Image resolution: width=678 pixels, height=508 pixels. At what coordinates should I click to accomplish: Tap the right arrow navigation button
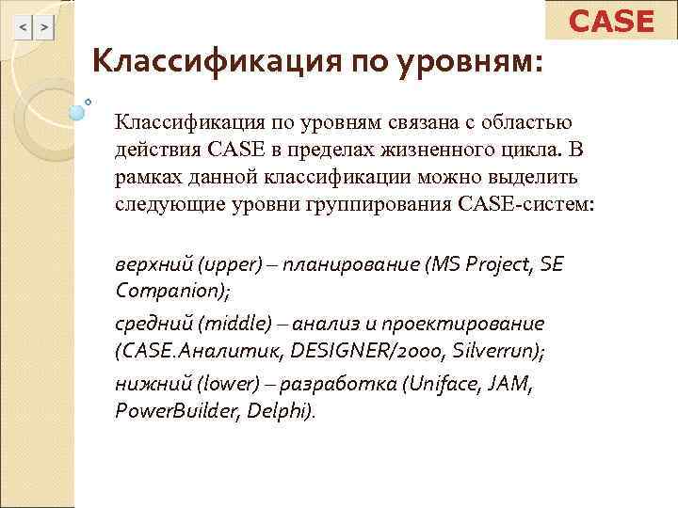coord(44,28)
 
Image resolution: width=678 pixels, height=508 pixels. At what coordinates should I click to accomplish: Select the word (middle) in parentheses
coord(226,325)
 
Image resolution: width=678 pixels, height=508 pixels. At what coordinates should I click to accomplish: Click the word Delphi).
coord(282,411)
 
